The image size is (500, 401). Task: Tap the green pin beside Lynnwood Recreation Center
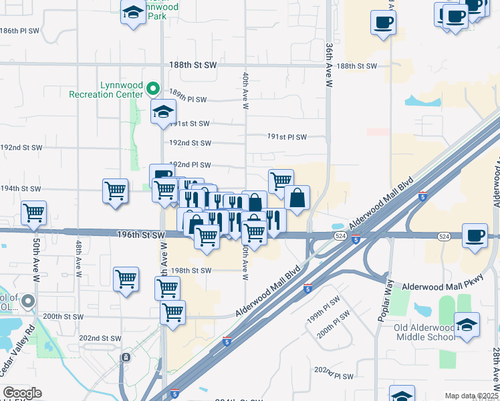(153, 88)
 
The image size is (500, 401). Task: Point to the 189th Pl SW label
(188, 100)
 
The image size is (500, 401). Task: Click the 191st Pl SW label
(287, 137)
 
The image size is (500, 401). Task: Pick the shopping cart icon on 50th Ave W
(33, 213)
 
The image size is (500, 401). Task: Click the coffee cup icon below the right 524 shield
(475, 237)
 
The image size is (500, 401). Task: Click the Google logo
(22, 393)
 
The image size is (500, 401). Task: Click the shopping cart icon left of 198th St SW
(126, 280)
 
